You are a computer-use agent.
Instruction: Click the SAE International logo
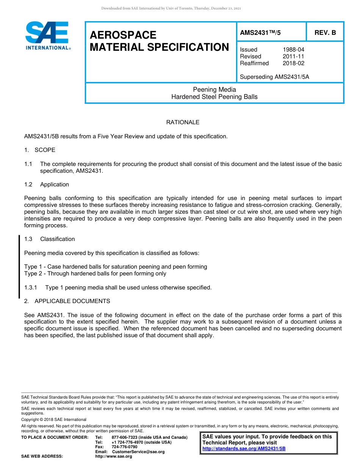[x=47, y=35]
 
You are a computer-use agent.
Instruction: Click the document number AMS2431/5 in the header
[x=260, y=33]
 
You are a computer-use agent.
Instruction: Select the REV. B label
[x=325, y=33]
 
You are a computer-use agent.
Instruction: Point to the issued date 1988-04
[x=293, y=50]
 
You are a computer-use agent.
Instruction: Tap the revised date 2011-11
[x=293, y=56]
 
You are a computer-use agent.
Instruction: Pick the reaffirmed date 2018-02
[x=293, y=63]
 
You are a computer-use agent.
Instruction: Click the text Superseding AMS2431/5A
[x=274, y=77]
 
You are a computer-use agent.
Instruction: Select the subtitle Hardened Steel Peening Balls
[x=214, y=97]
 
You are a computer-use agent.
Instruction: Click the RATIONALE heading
[x=183, y=122]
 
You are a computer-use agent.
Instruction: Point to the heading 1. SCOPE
[x=40, y=150]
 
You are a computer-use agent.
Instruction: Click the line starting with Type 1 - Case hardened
[x=116, y=267]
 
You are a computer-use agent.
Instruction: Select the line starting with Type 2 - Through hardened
[x=95, y=274]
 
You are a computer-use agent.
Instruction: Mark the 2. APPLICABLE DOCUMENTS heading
[x=67, y=301]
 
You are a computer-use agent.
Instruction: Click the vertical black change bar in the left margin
[x=19, y=267]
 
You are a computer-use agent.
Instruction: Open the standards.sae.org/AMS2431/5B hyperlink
[x=244, y=449]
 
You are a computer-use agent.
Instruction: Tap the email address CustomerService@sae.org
[x=138, y=452]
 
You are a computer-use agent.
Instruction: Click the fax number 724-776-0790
[x=124, y=447]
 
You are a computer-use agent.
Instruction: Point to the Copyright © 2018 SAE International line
[x=54, y=419]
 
